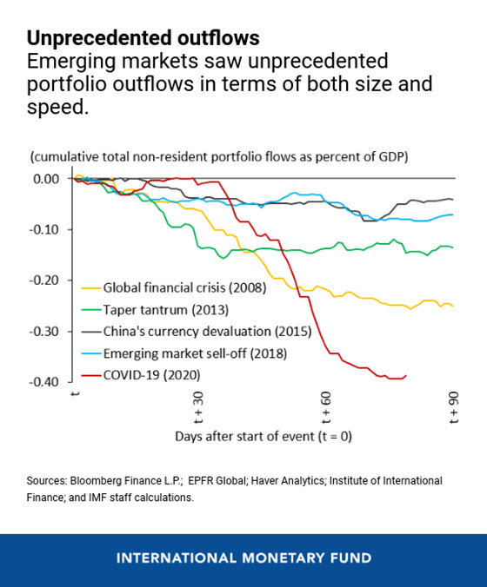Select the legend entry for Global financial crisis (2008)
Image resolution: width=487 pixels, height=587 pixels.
(x=184, y=287)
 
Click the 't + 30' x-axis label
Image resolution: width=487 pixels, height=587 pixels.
(x=197, y=406)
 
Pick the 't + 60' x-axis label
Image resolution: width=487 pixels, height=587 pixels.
(x=325, y=406)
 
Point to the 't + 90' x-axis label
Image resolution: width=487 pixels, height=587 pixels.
(x=453, y=406)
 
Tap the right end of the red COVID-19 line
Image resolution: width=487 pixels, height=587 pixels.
(x=406, y=375)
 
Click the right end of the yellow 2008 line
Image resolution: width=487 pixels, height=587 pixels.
(x=453, y=306)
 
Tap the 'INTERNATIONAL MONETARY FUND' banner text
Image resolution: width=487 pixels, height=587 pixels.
(x=243, y=557)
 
